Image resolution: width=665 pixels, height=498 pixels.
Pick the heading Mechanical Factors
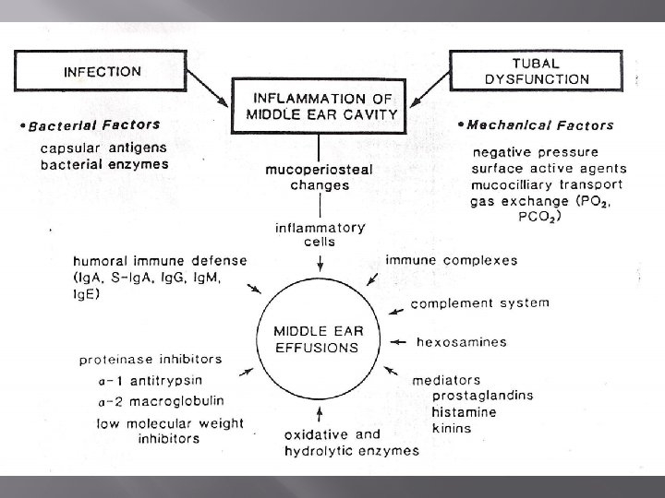(540, 125)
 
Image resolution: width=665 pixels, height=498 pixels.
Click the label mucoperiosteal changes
(307, 177)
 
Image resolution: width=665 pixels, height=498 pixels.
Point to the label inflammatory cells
(320, 234)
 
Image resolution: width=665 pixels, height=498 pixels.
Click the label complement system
(479, 302)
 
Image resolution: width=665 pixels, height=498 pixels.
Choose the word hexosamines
(462, 341)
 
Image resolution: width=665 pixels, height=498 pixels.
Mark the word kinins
(452, 428)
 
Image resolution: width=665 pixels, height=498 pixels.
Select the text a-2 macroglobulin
(159, 402)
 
